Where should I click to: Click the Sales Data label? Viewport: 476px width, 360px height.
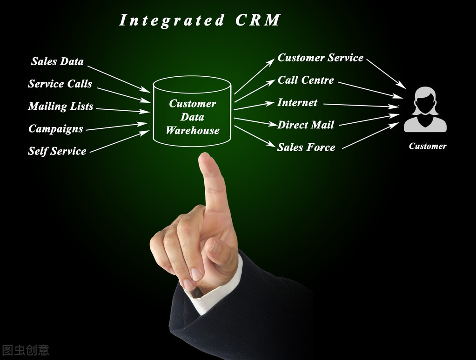pos(57,61)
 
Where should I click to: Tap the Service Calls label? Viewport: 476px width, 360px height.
pos(60,84)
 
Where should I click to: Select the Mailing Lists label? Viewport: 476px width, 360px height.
pos(60,107)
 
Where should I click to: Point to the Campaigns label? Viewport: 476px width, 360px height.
pos(56,129)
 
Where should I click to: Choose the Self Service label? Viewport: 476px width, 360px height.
pos(57,151)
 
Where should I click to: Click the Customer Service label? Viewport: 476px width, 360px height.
pos(320,58)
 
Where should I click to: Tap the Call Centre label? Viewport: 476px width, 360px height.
pos(306,80)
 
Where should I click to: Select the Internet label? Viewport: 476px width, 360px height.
pos(297,102)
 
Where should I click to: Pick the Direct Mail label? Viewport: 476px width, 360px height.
pos(306,125)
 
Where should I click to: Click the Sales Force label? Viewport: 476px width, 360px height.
pos(306,147)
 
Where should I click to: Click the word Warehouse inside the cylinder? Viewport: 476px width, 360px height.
pos(192,131)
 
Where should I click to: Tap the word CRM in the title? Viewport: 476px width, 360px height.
pos(258,20)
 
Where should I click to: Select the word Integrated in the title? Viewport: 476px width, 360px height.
pos(172,20)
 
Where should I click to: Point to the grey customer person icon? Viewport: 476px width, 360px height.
pos(425,110)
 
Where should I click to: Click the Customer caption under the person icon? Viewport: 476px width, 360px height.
pos(428,146)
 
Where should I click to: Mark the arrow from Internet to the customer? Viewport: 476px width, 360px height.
pos(361,105)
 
